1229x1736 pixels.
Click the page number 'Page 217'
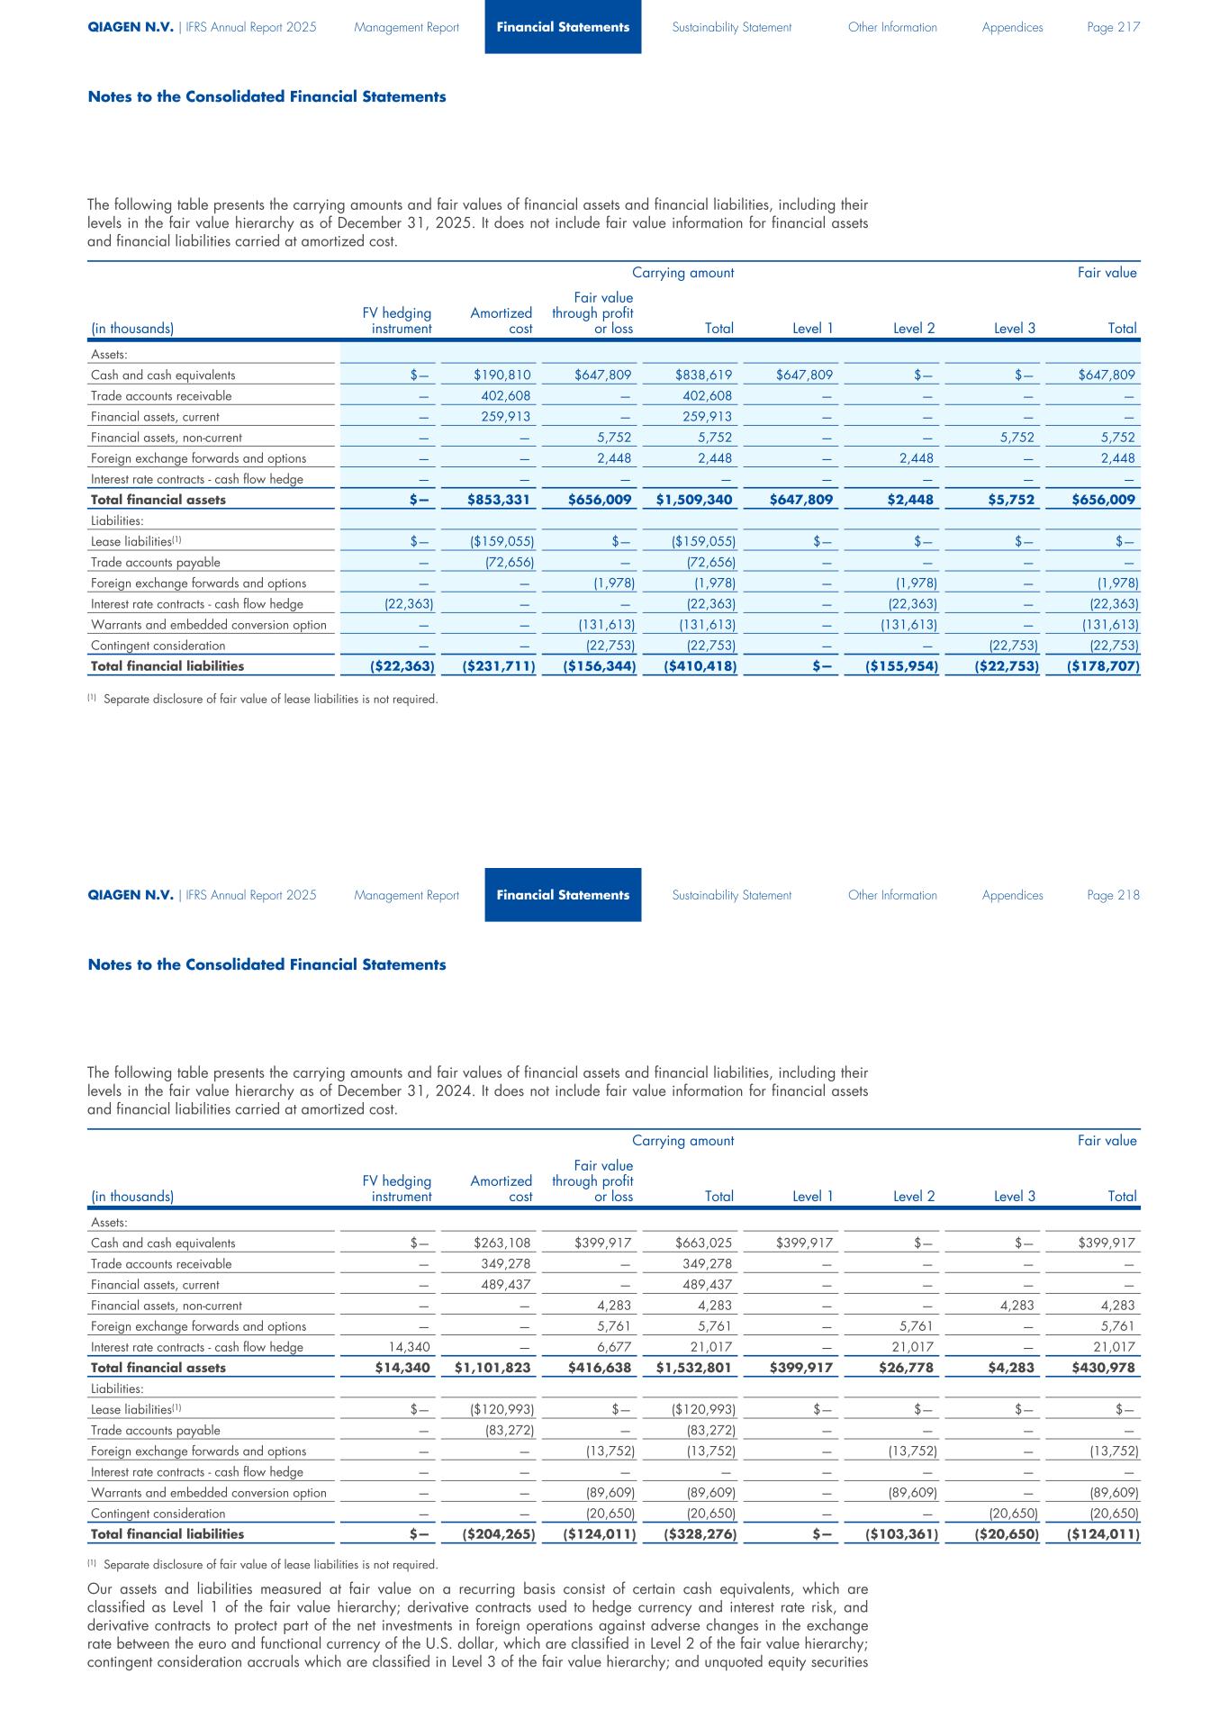pyautogui.click(x=1113, y=27)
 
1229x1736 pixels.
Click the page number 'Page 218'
pyautogui.click(x=1113, y=895)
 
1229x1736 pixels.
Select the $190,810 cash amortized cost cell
pyautogui.click(x=502, y=375)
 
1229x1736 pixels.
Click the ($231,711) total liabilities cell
pyautogui.click(x=499, y=666)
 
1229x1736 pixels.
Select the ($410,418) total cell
pyautogui.click(x=700, y=666)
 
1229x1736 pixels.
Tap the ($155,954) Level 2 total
pyautogui.click(x=902, y=666)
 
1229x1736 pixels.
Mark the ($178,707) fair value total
pyautogui.click(x=1104, y=666)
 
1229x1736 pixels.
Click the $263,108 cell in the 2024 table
pyautogui.click(x=502, y=1243)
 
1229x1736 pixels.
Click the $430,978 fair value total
pyautogui.click(x=1106, y=1368)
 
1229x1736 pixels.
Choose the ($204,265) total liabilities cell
pyautogui.click(x=499, y=1534)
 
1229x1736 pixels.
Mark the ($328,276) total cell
pyautogui.click(x=700, y=1534)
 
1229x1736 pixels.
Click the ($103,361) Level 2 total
pyautogui.click(x=902, y=1534)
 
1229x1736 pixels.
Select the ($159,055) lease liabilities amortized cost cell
pyautogui.click(x=502, y=542)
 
